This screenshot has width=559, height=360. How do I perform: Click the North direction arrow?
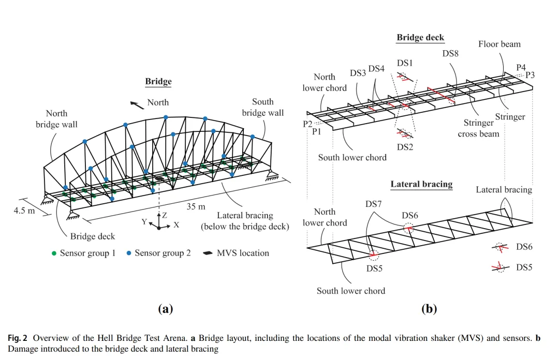coord(137,105)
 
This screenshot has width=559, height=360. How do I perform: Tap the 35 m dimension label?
coord(196,206)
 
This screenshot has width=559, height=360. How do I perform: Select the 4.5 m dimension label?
coord(24,211)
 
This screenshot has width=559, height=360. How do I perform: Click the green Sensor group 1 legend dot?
coord(54,253)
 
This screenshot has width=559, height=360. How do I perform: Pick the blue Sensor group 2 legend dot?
coord(129,253)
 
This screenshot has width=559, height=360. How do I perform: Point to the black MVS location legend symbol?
coord(208,253)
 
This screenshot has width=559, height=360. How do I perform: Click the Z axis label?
coord(165,215)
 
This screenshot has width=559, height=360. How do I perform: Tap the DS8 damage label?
coord(450,53)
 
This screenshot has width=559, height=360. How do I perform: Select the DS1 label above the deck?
coord(405,63)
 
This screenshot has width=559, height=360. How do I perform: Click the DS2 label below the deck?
coord(405,147)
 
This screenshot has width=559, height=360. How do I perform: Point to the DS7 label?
coord(373,204)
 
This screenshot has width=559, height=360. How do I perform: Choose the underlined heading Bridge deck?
coord(420,38)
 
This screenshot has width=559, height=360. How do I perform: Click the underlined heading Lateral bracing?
coord(421,184)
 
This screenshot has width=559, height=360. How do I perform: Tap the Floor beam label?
coord(499,44)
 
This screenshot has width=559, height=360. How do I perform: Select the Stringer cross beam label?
coord(478,128)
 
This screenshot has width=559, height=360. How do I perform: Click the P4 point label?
coord(521,67)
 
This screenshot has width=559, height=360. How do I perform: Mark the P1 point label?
coord(317,132)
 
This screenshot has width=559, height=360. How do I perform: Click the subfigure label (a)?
coord(166,309)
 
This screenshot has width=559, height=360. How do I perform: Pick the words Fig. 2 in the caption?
coord(18,338)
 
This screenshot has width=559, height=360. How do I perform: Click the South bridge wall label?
coord(263,107)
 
